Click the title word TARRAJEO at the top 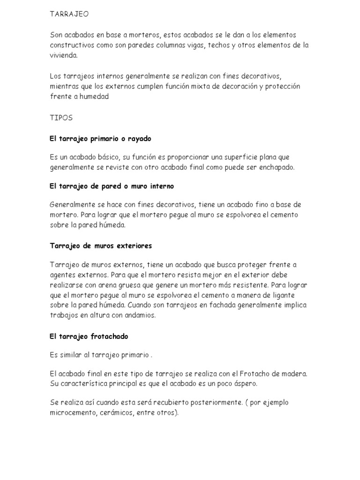[x=69, y=14]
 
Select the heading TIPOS [x=61, y=118]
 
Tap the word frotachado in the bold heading [x=107, y=336]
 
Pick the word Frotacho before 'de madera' [x=255, y=374]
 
